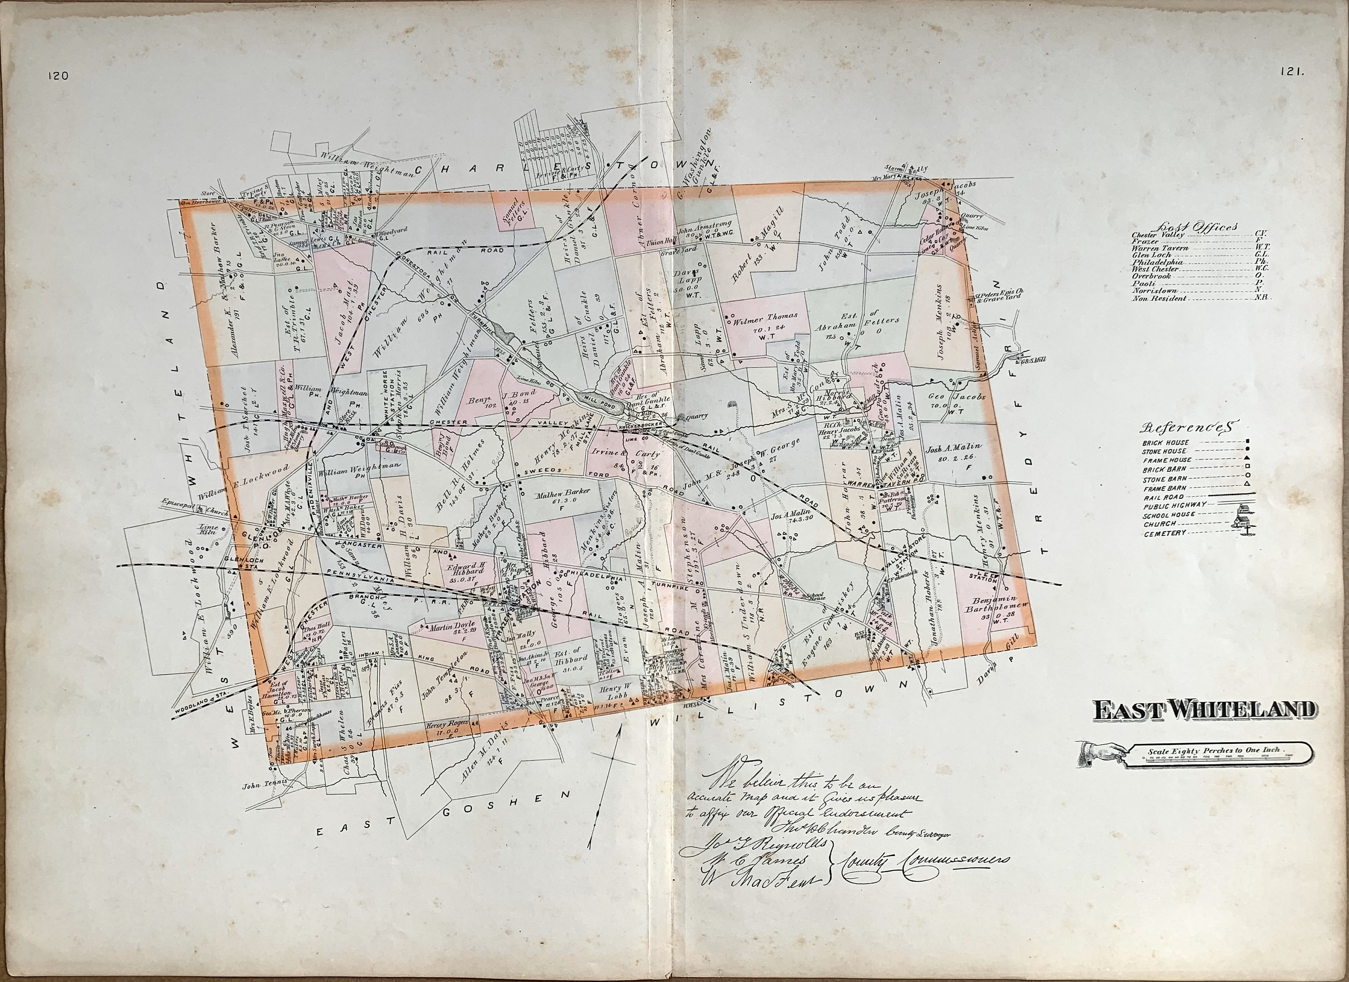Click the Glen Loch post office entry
pyautogui.click(x=1151, y=254)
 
